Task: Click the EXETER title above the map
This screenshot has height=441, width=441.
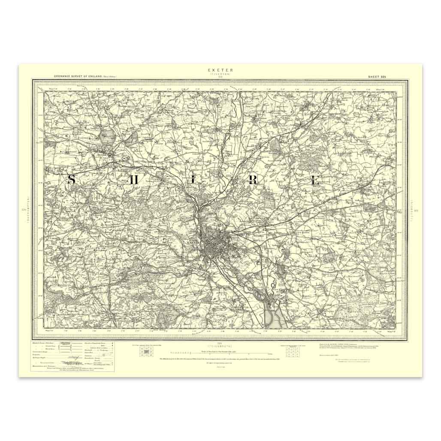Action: [220, 69]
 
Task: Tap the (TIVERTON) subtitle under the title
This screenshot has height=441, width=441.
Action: [220, 74]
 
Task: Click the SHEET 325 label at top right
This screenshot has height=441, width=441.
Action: [377, 76]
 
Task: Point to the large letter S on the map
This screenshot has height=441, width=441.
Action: [72, 180]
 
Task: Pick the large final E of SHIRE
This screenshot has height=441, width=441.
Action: [316, 180]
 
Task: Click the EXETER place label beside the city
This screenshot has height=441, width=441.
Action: [194, 242]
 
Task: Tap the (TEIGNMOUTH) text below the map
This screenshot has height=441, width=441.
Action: [219, 345]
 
